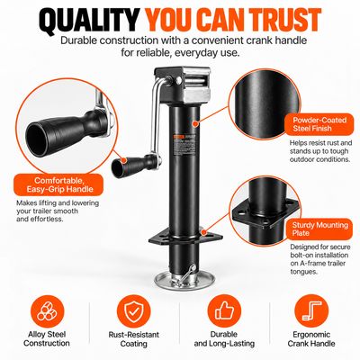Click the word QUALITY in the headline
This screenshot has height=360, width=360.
click(89, 20)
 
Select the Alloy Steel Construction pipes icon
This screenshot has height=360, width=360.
click(47, 311)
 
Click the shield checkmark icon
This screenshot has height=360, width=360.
click(134, 311)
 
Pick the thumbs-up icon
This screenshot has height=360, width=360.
click(224, 311)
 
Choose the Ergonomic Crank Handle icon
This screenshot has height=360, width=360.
click(311, 311)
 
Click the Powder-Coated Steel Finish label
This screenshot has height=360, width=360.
click(319, 124)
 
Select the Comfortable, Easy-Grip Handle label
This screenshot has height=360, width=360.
click(58, 184)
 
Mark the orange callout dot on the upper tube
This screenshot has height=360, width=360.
click(195, 123)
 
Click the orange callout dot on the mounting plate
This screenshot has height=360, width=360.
click(204, 232)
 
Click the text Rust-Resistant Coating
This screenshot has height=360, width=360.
click(134, 339)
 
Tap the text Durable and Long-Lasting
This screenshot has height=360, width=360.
click(224, 339)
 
